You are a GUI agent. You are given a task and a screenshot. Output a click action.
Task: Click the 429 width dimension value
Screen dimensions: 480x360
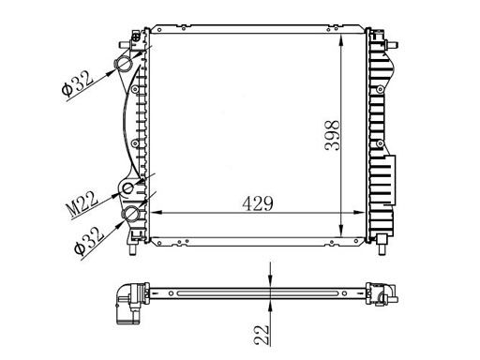pos(258,203)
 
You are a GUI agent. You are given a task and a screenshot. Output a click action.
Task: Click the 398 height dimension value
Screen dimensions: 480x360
pos(332,135)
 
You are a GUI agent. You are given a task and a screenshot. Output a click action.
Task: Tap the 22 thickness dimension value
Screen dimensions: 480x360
pos(262,335)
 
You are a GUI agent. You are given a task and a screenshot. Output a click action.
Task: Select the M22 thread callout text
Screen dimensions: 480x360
pos(82,204)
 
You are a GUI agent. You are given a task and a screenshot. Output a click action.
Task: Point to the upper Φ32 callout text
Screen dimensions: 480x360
pos(77,83)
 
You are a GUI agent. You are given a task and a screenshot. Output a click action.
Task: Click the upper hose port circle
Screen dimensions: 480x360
pos(124,65)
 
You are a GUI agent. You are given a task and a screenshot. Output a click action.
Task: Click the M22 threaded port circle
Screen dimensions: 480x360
pos(128,188)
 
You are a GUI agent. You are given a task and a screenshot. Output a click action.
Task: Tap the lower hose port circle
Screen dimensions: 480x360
pos(131,214)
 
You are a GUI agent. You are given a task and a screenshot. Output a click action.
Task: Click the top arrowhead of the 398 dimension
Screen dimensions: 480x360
pos(341,39)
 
